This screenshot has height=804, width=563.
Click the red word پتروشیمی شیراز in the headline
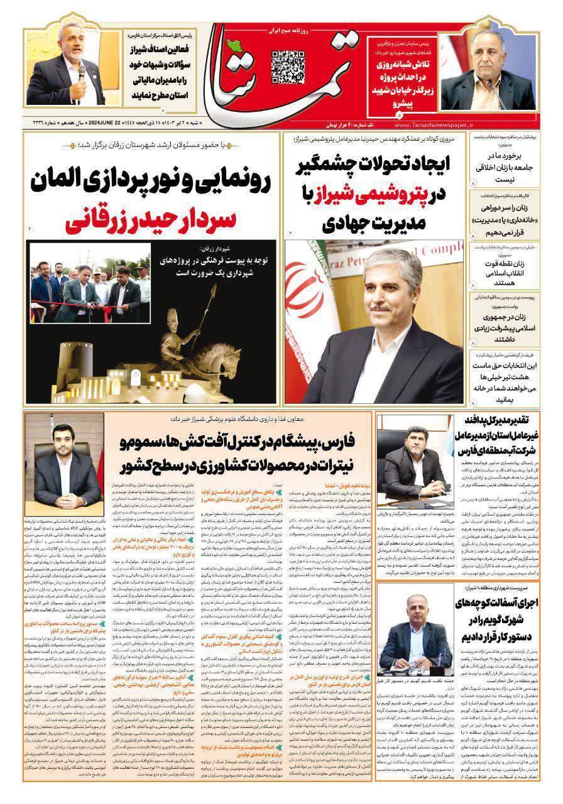(x=381, y=196)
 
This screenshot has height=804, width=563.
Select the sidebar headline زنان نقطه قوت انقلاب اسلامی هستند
(x=503, y=266)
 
